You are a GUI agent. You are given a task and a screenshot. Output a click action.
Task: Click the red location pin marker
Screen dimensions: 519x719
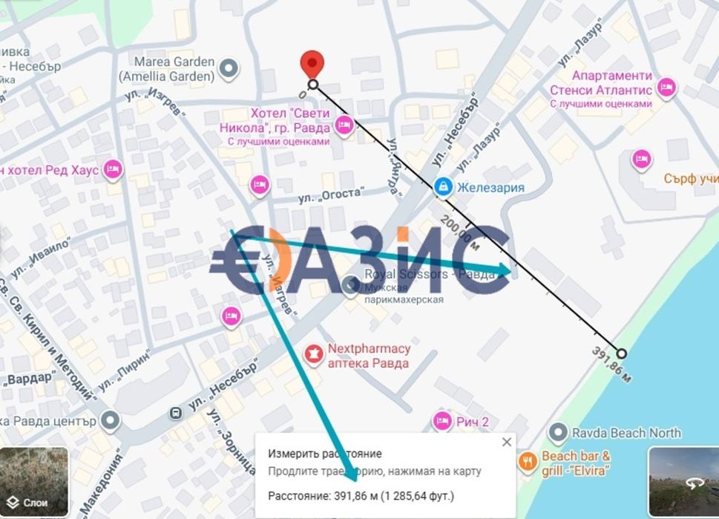point(312,63)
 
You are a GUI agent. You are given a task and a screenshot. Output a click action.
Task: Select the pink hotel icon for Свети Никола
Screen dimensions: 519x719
point(343,125)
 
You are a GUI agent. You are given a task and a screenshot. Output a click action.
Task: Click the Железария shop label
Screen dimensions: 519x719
point(490,187)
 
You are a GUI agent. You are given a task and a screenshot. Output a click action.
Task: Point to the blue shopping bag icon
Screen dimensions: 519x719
point(443,187)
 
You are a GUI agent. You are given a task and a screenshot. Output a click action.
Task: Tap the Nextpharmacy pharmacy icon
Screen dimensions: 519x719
point(315,355)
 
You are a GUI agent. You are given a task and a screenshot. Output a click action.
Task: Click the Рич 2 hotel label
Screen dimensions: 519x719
point(473,422)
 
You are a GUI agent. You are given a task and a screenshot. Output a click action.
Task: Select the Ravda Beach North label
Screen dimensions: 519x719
point(626,432)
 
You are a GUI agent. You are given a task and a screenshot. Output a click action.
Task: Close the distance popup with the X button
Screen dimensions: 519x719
point(506,442)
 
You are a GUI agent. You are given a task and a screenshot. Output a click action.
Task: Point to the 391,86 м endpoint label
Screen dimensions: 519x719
point(612,365)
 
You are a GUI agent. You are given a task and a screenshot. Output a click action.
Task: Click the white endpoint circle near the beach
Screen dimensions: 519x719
point(621,353)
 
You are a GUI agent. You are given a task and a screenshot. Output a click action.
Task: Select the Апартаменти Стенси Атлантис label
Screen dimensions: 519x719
point(612,83)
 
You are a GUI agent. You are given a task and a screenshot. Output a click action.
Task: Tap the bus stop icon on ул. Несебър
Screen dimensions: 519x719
point(176,412)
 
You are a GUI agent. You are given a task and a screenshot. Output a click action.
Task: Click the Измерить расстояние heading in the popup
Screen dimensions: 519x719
point(325,454)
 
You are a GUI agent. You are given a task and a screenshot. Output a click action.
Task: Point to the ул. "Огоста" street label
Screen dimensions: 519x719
point(331,195)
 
